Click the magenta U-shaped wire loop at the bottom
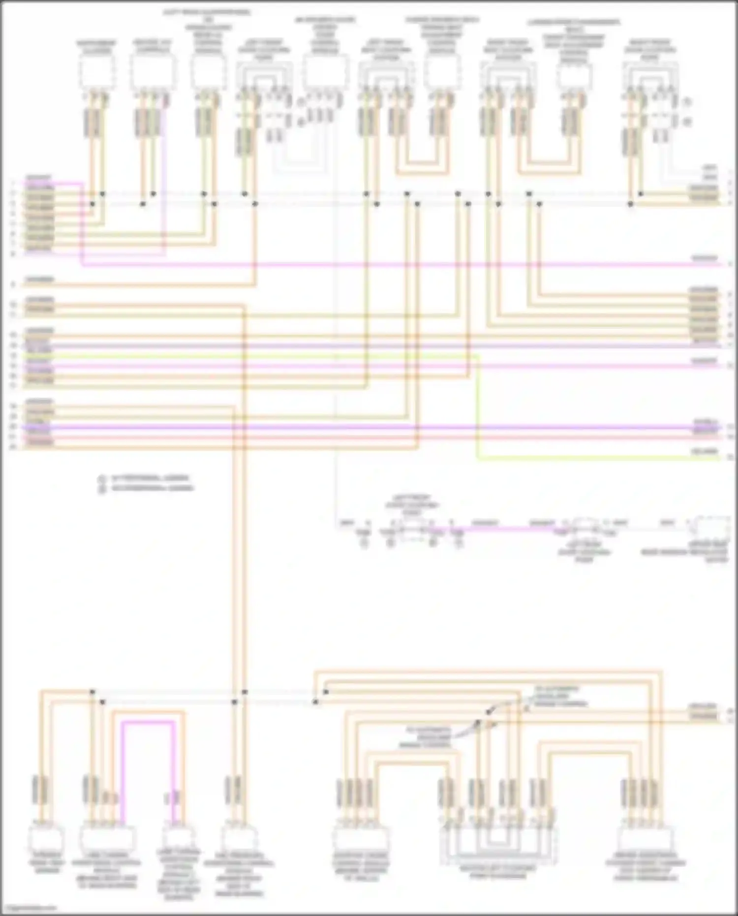[x=148, y=722]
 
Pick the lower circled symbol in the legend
[x=102, y=489]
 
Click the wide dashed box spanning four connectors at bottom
[x=499, y=846]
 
